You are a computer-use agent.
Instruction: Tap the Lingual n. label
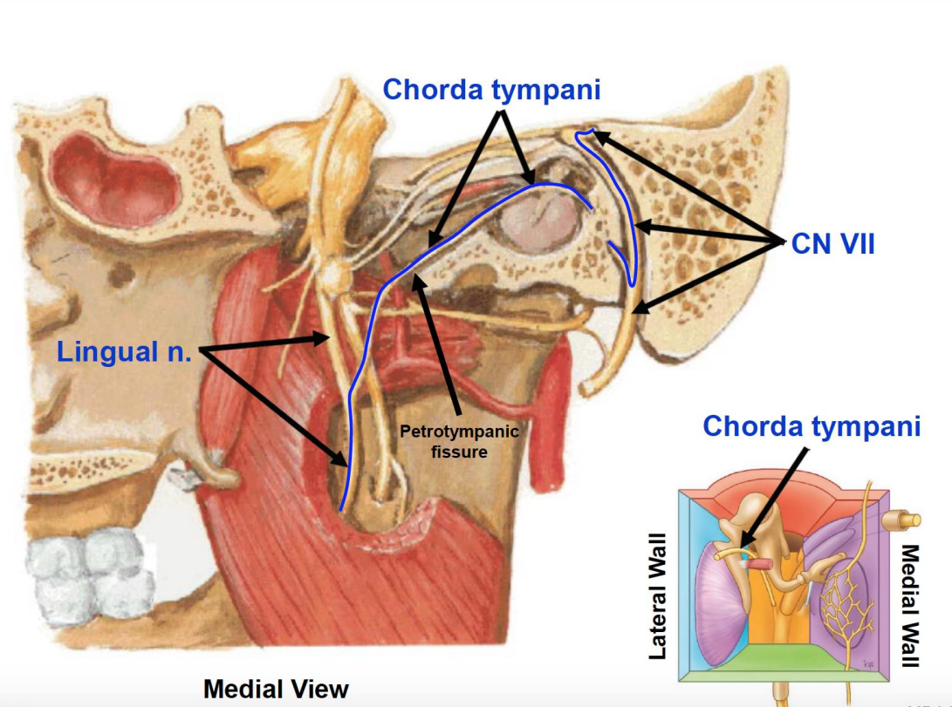[123, 352]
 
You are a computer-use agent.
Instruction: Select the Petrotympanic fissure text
[459, 442]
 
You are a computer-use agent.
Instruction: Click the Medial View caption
[276, 689]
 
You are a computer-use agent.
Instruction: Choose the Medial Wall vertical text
[910, 605]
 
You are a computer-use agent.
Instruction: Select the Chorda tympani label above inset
[812, 426]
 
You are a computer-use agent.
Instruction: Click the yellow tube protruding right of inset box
[907, 520]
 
